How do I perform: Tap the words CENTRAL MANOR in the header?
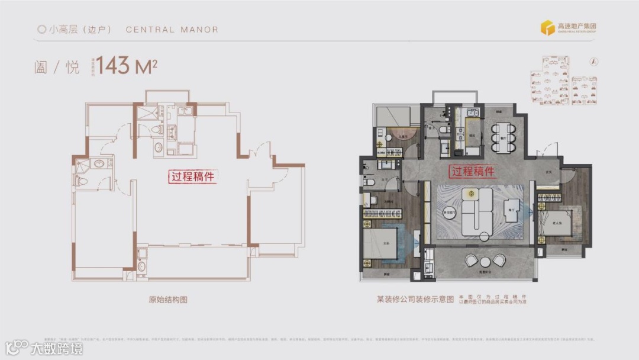(172, 30)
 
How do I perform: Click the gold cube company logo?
(547, 28)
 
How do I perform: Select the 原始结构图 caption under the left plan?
(167, 300)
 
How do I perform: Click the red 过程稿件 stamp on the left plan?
(192, 176)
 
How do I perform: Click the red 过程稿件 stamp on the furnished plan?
(473, 172)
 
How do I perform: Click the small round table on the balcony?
(485, 261)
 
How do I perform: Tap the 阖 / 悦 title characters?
(56, 66)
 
